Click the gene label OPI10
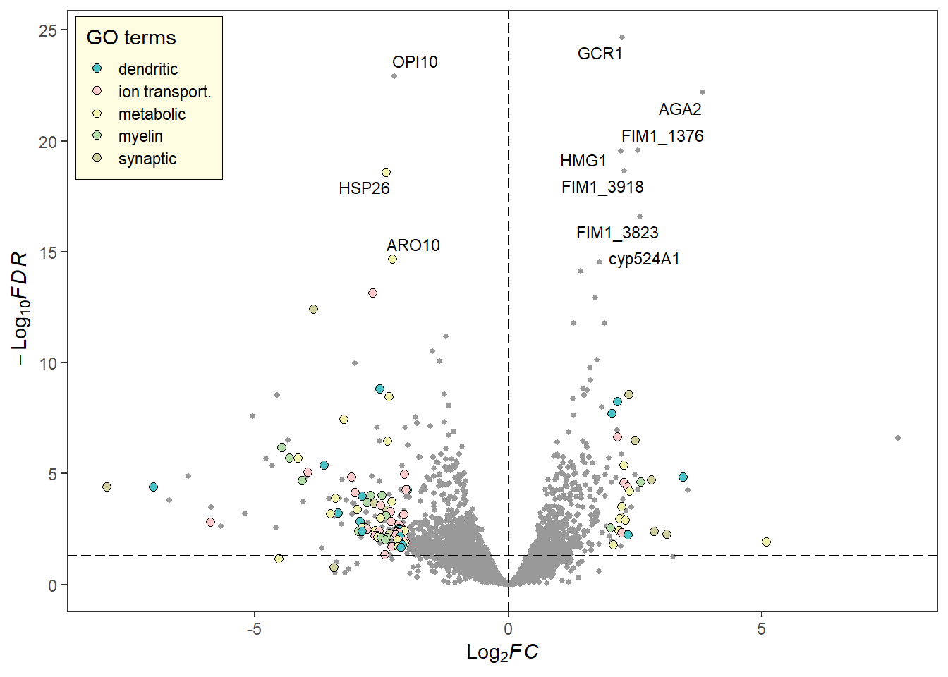(x=415, y=62)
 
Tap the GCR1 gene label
(x=600, y=54)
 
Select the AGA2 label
(x=680, y=109)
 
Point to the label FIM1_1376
(x=662, y=136)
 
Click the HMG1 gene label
(x=583, y=161)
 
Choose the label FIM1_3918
(x=602, y=187)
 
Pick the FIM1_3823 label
(x=617, y=233)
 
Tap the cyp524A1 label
(x=644, y=259)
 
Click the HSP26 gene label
(x=364, y=188)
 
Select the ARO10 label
(x=413, y=245)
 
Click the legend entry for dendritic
(x=147, y=69)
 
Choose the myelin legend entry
(x=140, y=136)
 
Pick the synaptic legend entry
(x=147, y=159)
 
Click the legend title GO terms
(x=131, y=37)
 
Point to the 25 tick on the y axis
(x=48, y=30)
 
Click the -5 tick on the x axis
(x=254, y=628)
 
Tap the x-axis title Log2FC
(x=502, y=652)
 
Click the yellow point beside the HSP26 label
(x=386, y=173)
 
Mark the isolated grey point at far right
(x=898, y=438)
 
